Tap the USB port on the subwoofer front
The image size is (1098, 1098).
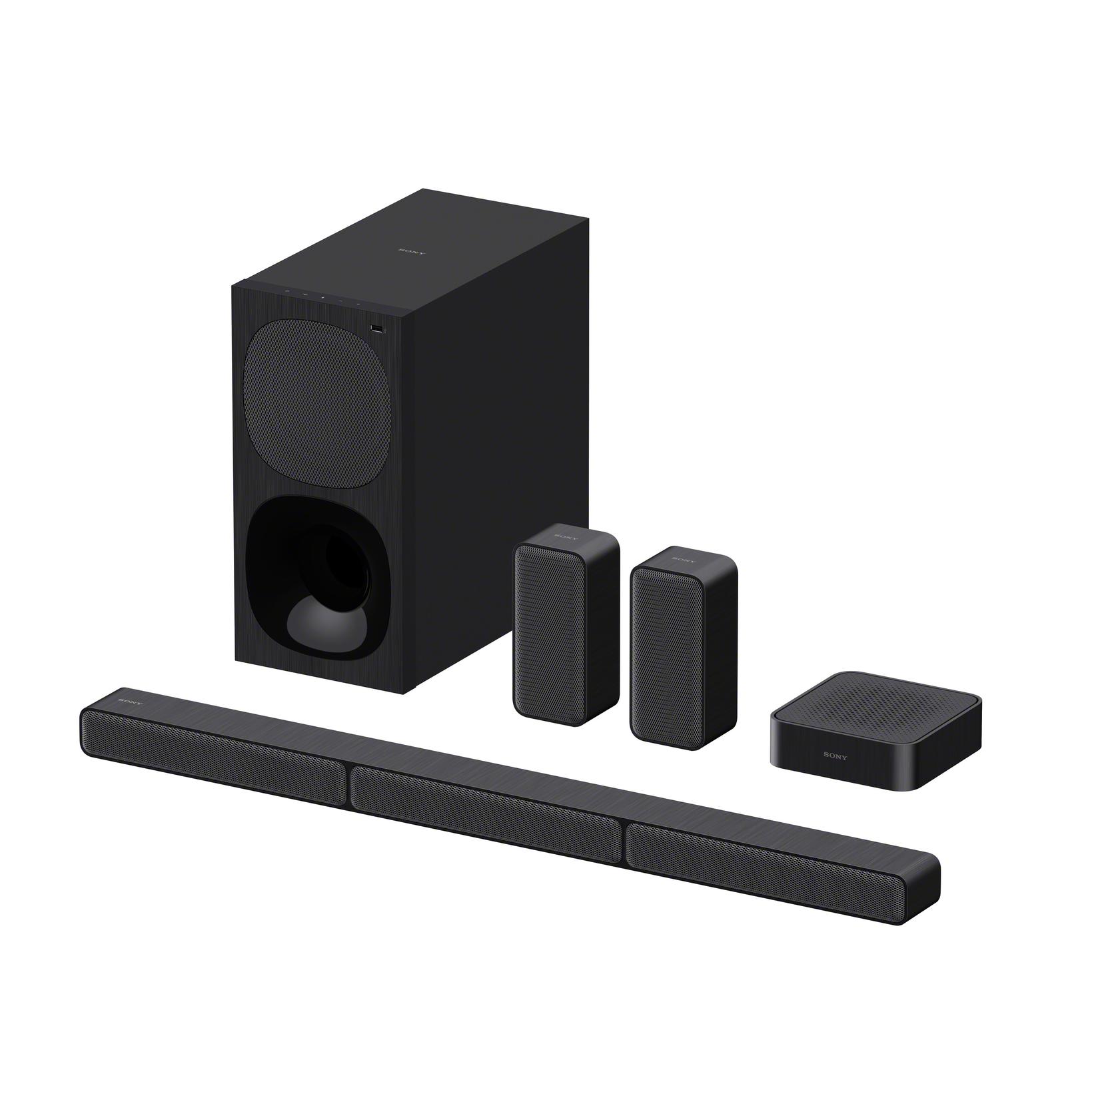(378, 328)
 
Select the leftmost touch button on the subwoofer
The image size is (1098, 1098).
(286, 291)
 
